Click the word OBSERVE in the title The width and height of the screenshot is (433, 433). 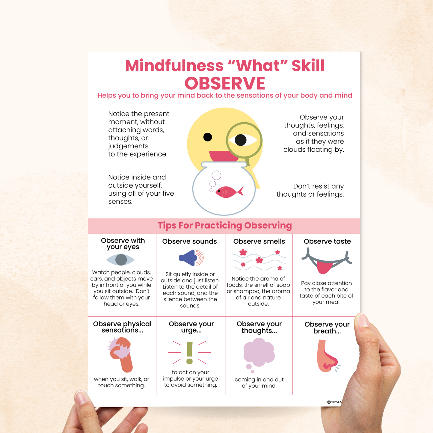(225, 83)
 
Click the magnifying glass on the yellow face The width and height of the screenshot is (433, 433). (244, 141)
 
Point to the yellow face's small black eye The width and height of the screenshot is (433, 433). (208, 137)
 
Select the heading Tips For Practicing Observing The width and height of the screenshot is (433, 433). (225, 225)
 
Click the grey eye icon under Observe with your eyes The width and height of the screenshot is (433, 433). (121, 260)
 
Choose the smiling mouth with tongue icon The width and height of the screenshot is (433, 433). (327, 261)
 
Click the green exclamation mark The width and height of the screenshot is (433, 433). (190, 353)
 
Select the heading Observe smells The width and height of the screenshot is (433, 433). (259, 241)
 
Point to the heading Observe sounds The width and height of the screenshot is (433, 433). (189, 241)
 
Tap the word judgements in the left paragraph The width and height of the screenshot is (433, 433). (128, 146)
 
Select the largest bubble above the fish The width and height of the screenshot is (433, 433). (216, 176)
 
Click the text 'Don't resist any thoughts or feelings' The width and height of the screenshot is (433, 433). (310, 190)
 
